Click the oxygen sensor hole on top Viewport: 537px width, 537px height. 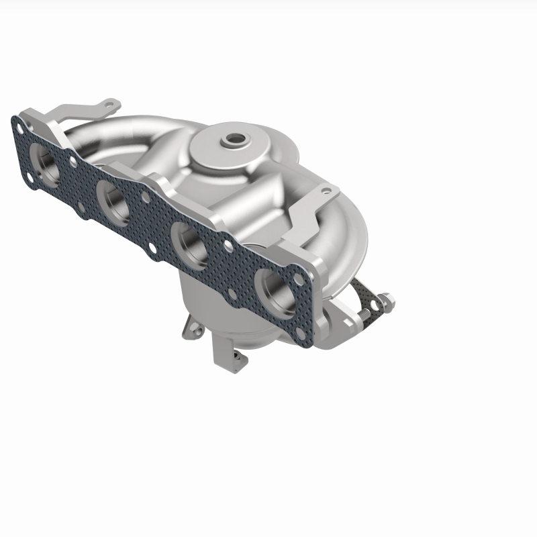235,140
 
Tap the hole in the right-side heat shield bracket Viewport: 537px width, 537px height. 326,191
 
